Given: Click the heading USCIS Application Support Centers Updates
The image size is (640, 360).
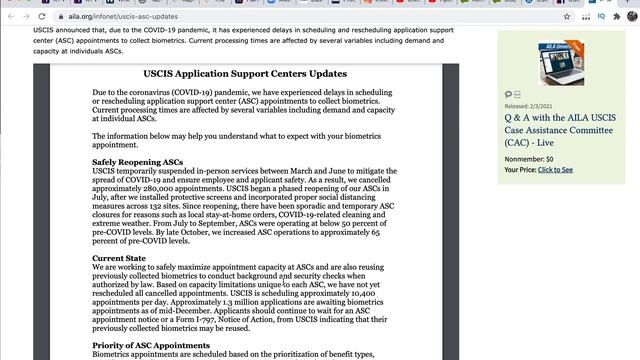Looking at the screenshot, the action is [246, 74].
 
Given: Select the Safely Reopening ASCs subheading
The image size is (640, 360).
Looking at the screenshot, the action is [137, 162].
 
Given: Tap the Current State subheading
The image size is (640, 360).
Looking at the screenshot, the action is [120, 257].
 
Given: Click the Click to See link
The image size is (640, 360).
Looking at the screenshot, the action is [555, 170].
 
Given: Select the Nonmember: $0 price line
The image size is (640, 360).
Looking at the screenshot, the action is [529, 159].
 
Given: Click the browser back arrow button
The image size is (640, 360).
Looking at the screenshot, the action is [11, 17].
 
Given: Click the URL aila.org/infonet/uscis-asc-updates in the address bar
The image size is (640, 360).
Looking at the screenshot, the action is [129, 17].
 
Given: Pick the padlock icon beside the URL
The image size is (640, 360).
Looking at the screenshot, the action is [69, 17].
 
